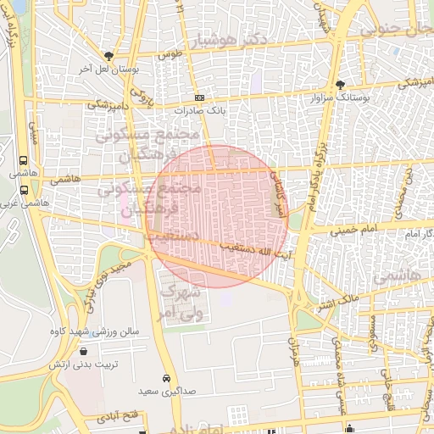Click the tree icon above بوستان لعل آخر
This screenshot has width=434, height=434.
coord(107,55)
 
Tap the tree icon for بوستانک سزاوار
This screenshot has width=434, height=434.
coord(340,85)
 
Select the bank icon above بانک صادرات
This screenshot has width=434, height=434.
coord(198,97)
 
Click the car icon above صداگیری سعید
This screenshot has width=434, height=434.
coord(165,378)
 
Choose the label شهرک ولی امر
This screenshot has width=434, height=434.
coord(181,301)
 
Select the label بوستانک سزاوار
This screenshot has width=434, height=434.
coord(330,99)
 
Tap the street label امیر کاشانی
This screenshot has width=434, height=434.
coord(276,190)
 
